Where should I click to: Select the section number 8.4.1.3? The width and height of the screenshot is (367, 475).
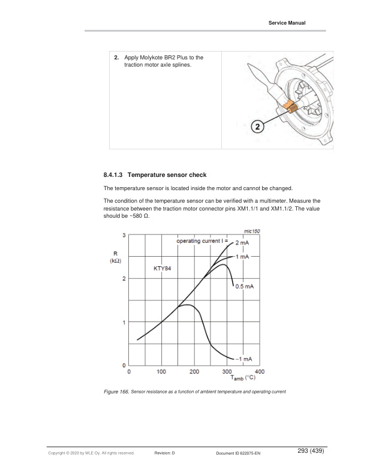[x=118, y=175]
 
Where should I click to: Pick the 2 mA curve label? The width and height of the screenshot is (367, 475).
[x=242, y=243]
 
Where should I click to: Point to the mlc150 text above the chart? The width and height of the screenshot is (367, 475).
[x=252, y=231]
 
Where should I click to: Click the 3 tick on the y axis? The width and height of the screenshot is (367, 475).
[x=124, y=235]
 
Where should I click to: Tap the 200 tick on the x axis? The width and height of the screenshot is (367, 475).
[x=195, y=372]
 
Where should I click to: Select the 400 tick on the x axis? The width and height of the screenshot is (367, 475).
[x=259, y=372]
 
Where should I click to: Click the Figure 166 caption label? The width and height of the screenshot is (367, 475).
[x=117, y=392]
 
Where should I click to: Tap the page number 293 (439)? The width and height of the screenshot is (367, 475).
[x=309, y=451]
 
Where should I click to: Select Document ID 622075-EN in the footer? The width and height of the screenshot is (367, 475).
[x=238, y=453]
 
